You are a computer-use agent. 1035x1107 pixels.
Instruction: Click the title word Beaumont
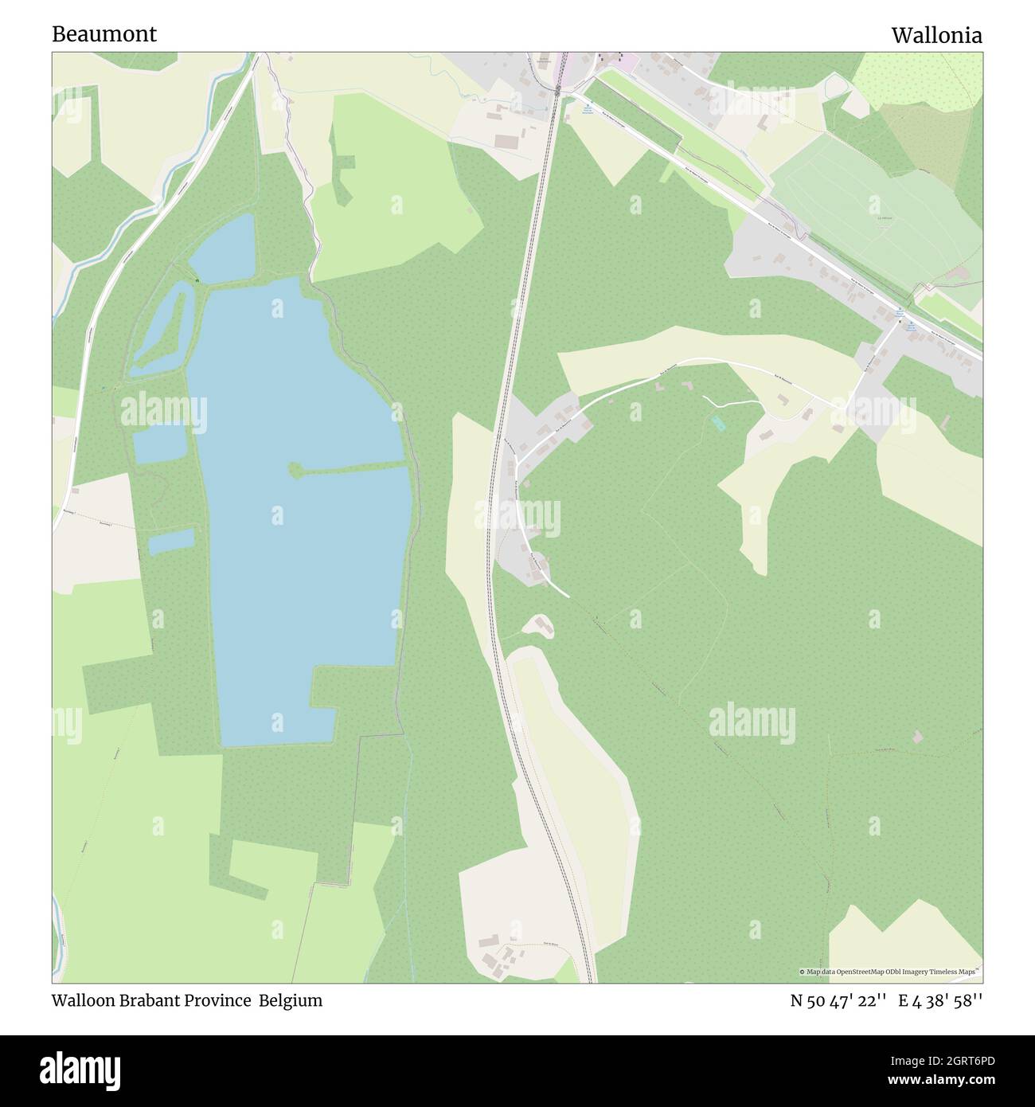pos(104,33)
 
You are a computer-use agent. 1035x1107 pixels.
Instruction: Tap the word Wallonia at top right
pos(936,35)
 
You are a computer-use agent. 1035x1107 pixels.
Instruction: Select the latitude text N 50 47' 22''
pos(838,1000)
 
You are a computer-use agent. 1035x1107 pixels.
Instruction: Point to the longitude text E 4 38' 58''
pos(940,1000)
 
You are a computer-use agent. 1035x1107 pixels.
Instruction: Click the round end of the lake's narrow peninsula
pos(295,471)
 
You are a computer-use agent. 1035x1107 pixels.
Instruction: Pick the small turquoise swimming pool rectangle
pos(718,423)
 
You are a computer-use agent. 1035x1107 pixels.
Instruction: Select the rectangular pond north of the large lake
pos(223,249)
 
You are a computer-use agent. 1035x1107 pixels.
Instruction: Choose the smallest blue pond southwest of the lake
pos(171,542)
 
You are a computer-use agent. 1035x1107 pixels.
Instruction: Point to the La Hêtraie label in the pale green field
pos(883,217)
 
